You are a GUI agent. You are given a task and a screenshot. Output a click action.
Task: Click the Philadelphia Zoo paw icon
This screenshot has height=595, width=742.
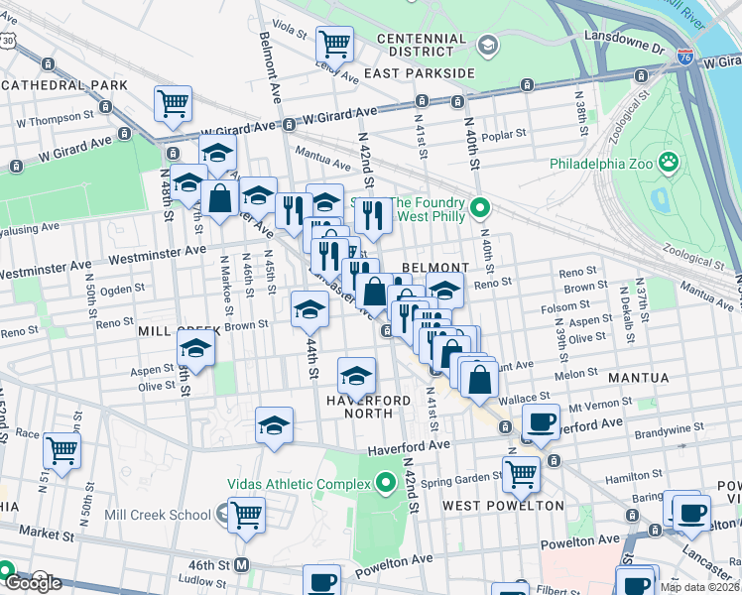(670, 161)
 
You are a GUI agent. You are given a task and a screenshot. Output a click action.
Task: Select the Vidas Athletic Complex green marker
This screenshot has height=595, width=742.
(386, 484)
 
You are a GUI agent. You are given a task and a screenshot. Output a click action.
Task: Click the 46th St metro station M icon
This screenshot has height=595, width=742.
(241, 565)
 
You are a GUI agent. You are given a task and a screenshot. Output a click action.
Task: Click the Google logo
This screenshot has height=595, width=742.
(32, 582)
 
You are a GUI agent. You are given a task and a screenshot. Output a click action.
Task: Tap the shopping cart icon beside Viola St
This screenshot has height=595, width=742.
(335, 43)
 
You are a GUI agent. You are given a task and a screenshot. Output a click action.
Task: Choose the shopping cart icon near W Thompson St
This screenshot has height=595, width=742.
(173, 102)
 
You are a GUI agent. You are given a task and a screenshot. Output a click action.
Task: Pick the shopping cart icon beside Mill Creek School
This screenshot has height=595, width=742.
(246, 514)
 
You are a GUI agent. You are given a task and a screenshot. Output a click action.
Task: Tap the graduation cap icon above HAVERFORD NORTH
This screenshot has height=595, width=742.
(356, 375)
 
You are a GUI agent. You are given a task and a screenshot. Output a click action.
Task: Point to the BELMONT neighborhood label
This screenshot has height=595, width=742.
(434, 268)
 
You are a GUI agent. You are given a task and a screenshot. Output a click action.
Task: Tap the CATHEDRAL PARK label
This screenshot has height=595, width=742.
(64, 85)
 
